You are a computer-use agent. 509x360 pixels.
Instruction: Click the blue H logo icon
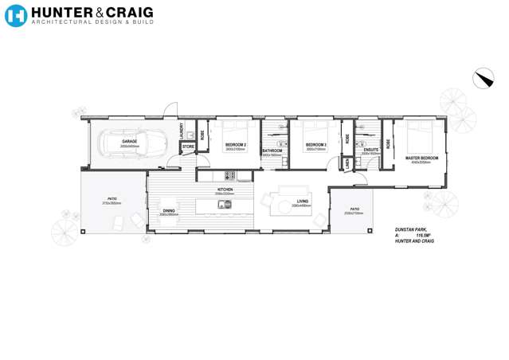tap(15, 15)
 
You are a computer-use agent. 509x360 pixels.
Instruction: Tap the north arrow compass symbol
tap(483, 78)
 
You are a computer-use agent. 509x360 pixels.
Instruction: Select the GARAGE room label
tap(130, 142)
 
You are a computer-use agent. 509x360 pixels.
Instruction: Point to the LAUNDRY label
tap(182, 130)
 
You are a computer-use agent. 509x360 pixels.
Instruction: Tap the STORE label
tap(188, 147)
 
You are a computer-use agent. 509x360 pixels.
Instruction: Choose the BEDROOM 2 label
tap(235, 145)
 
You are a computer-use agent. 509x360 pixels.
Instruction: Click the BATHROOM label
tap(272, 151)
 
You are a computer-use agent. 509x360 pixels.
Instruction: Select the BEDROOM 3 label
tap(316, 145)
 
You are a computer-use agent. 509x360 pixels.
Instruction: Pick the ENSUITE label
tap(370, 149)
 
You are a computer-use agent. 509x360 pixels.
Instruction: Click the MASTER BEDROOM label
tap(421, 158)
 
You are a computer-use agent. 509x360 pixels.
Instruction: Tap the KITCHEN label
tap(224, 190)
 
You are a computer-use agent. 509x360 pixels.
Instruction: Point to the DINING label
tap(169, 211)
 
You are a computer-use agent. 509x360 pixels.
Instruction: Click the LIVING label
tap(302, 202)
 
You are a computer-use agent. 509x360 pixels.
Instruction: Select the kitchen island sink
tap(226, 204)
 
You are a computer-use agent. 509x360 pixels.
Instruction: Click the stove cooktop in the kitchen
tap(229, 175)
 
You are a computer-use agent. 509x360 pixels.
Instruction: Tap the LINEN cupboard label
tap(347, 162)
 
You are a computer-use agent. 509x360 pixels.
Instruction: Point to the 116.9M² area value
tap(422, 236)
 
